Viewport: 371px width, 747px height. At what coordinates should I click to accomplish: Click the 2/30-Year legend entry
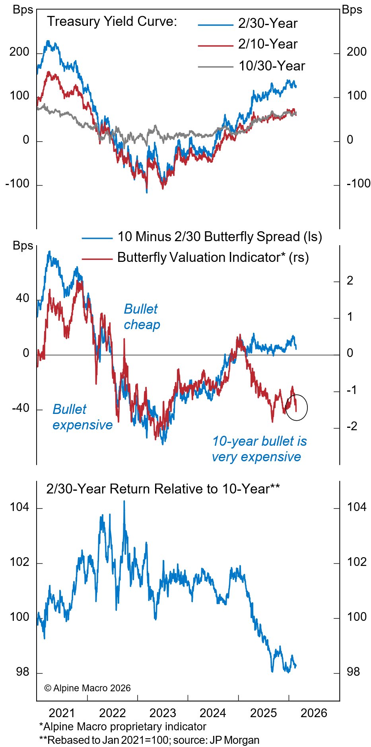[x=268, y=23]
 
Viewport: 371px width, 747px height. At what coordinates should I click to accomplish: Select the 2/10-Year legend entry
[x=268, y=44]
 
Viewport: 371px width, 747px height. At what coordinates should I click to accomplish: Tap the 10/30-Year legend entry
[x=272, y=66]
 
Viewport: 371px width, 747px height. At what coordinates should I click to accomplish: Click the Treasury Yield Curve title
[x=112, y=21]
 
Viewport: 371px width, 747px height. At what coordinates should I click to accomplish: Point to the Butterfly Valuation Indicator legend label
[x=213, y=257]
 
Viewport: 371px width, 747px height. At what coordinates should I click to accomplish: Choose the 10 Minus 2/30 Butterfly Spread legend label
[x=219, y=237]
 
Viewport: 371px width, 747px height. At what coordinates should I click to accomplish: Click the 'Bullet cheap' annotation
[x=142, y=316]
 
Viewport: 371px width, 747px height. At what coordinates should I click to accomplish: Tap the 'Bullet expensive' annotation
[x=82, y=417]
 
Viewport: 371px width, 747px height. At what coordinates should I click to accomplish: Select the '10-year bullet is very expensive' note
[x=259, y=449]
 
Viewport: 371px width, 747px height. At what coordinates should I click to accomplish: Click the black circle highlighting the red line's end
[x=297, y=407]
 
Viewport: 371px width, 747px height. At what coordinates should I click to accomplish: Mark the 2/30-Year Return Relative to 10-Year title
[x=163, y=489]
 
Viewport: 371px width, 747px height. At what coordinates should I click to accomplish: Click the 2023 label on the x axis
[x=163, y=713]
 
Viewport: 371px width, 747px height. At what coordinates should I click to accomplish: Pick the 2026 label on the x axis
[x=314, y=713]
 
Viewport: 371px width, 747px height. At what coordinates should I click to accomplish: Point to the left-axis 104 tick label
[x=19, y=507]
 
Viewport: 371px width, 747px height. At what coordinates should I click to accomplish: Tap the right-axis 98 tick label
[x=353, y=672]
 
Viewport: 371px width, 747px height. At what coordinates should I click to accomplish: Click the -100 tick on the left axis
[x=17, y=184]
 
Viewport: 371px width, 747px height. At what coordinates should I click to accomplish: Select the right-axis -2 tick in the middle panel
[x=352, y=427]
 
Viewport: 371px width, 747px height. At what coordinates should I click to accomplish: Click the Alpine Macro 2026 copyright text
[x=87, y=688]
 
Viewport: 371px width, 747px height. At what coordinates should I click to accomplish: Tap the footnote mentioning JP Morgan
[x=149, y=740]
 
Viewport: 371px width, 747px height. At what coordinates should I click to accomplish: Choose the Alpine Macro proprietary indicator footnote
[x=122, y=727]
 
